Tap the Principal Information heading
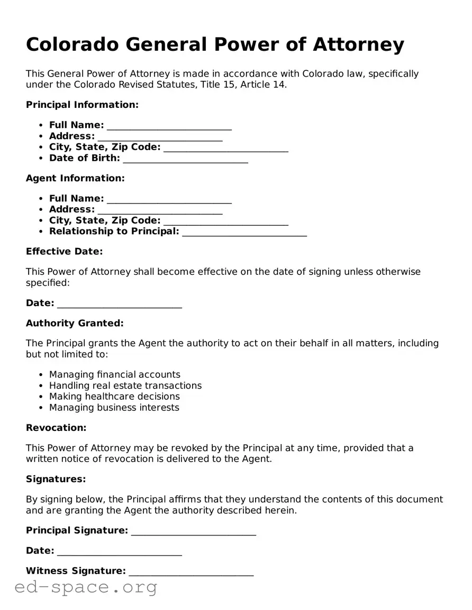[82, 105]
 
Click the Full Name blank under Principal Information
[169, 126]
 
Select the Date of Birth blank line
[185, 159]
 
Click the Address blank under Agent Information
[160, 210]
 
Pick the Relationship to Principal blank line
[244, 233]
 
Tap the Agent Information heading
[75, 178]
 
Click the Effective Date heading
[64, 252]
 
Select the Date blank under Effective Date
[120, 304]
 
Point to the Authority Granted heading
[75, 323]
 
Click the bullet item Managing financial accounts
[114, 374]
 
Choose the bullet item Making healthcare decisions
[114, 396]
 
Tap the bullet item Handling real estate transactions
[125, 385]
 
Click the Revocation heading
[56, 428]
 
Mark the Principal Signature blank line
[194, 532]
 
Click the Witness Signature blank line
[191, 572]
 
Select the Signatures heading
[56, 479]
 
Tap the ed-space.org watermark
[86, 587]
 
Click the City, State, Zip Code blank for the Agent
[226, 221]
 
